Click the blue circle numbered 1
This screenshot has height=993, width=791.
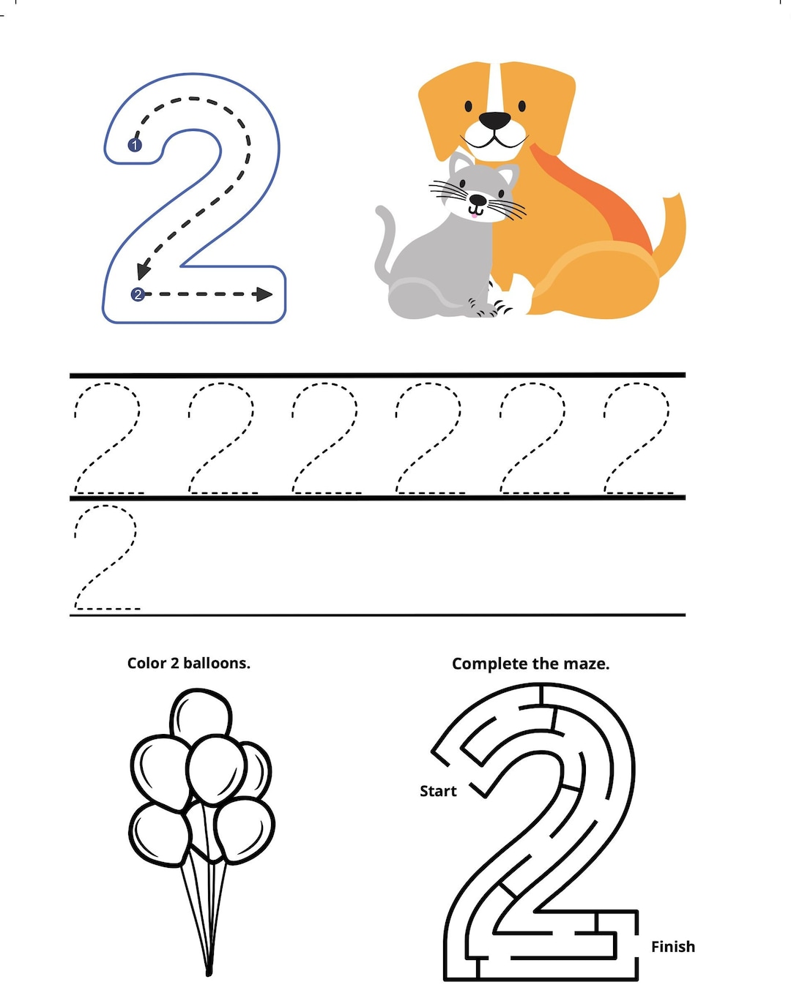tap(134, 146)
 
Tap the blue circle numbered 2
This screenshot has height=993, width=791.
tap(138, 294)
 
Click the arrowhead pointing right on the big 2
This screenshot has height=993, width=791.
tap(264, 294)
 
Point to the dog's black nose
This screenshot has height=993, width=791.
tap(494, 121)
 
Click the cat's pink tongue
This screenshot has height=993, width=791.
tap(474, 214)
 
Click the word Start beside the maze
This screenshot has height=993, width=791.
tap(438, 791)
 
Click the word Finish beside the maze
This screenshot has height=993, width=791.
tap(673, 946)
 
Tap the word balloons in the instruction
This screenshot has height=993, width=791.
tap(217, 663)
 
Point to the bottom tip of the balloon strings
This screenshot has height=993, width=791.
tap(209, 973)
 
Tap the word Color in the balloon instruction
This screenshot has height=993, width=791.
tap(146, 663)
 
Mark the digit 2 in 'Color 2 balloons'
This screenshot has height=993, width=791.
tap(174, 663)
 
